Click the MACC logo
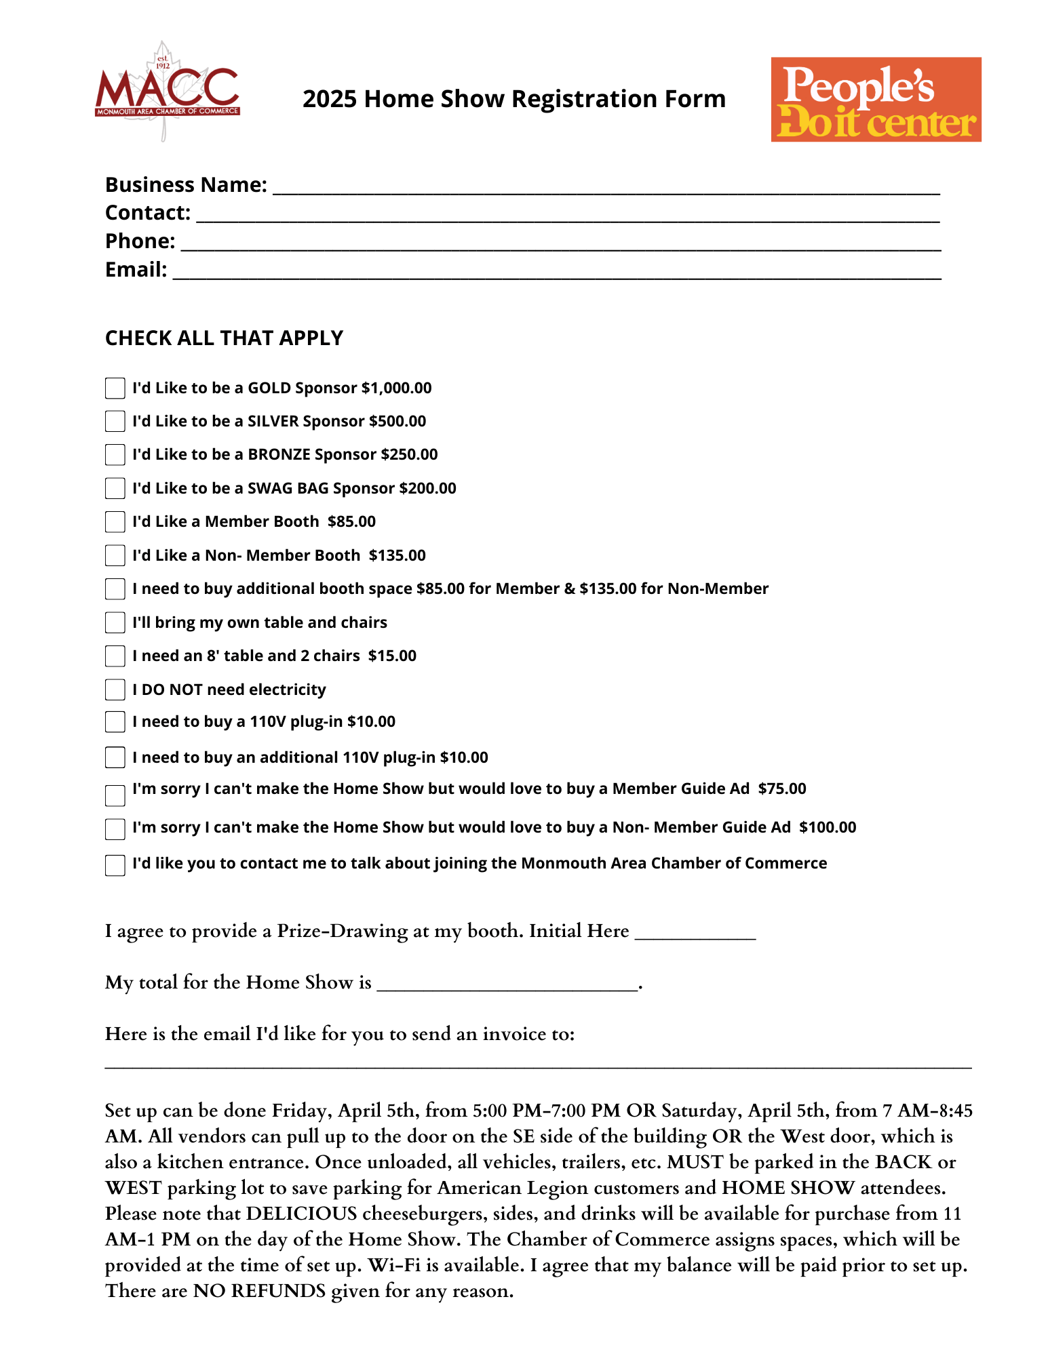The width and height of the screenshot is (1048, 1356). click(x=167, y=92)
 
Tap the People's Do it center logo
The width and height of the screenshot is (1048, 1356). click(x=875, y=99)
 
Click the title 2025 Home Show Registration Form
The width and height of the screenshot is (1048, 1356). click(x=513, y=99)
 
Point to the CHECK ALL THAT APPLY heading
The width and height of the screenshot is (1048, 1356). click(x=224, y=338)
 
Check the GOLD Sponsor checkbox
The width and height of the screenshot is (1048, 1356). click(x=115, y=388)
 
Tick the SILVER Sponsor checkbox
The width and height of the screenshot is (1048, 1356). click(x=115, y=422)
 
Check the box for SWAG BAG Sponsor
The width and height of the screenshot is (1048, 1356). click(x=115, y=488)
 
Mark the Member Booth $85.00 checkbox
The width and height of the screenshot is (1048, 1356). click(x=115, y=522)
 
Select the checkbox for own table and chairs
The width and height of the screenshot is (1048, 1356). click(x=115, y=622)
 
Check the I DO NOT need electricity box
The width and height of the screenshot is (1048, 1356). click(x=115, y=690)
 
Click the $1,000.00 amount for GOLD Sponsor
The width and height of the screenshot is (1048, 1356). click(x=396, y=388)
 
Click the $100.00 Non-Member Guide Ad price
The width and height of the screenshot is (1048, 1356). click(x=828, y=827)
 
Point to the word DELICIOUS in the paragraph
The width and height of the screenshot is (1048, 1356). click(x=301, y=1214)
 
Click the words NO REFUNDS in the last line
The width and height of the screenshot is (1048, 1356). click(x=259, y=1291)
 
